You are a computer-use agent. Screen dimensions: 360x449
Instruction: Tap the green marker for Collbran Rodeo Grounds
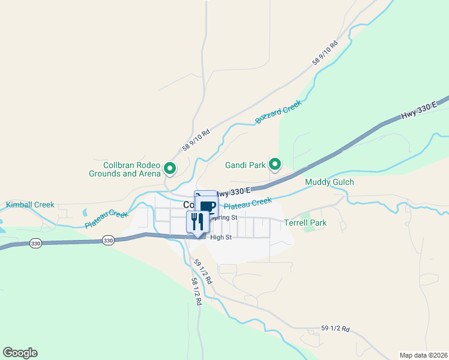170,169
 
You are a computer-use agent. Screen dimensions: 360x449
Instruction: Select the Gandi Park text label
245,164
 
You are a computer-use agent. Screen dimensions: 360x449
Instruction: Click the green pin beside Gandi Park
275,163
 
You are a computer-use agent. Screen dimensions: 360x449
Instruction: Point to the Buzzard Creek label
278,112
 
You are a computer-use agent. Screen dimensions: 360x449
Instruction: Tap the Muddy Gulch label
330,182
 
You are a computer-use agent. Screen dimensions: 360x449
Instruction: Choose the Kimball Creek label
30,205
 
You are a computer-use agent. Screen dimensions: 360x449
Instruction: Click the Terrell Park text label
305,223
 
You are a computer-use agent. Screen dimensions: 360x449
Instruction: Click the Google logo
20,353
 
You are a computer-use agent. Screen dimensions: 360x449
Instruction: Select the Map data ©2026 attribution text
423,355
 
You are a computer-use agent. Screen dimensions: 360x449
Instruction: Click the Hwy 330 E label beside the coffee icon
232,193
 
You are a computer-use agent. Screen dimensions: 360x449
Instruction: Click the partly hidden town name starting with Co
188,205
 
